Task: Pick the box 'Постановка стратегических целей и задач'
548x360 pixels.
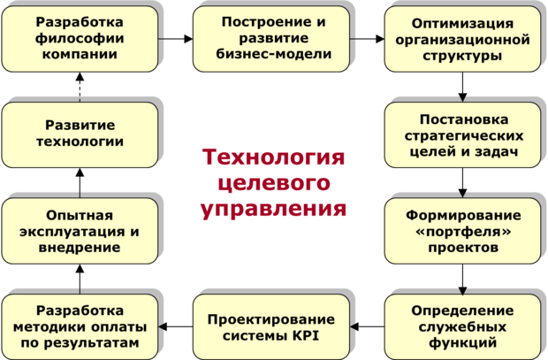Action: click(x=462, y=135)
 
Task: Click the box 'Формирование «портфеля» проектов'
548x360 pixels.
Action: click(x=462, y=232)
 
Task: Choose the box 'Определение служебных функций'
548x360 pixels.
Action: click(x=462, y=326)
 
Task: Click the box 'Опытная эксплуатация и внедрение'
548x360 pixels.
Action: click(x=80, y=231)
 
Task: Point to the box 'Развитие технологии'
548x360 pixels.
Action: click(x=80, y=134)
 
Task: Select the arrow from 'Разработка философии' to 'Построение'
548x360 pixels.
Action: click(x=176, y=40)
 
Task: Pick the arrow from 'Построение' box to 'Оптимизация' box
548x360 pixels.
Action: click(x=367, y=40)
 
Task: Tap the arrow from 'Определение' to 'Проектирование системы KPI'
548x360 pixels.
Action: click(x=367, y=327)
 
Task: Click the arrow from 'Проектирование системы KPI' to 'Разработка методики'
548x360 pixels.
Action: click(x=176, y=327)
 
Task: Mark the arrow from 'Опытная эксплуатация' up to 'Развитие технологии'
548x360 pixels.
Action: click(x=80, y=184)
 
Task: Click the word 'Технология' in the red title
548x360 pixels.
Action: click(x=272, y=158)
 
